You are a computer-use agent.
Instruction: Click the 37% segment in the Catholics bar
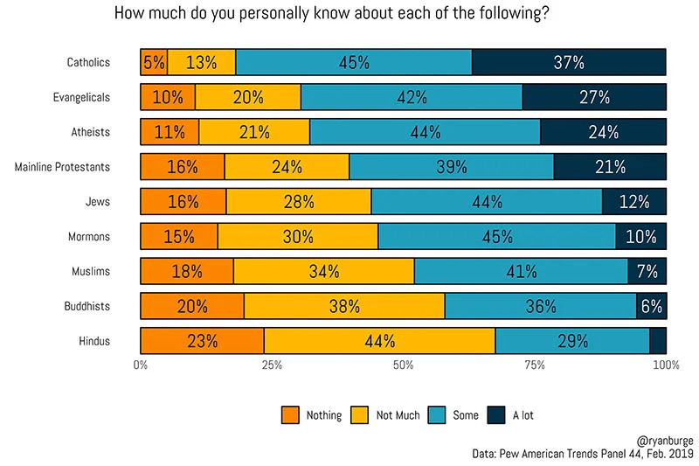pos(569,62)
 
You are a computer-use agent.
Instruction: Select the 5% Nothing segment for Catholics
pos(154,62)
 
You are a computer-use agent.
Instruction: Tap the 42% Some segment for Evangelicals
pos(412,97)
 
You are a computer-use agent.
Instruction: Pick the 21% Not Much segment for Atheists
pos(254,132)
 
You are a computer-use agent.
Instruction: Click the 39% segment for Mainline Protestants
pos(451,167)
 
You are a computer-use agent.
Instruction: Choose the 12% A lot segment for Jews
pos(634,202)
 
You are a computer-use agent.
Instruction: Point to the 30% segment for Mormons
pos(298,237)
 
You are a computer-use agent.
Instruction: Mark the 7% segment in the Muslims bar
pos(647,271)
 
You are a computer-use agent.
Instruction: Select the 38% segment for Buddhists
pos(344,306)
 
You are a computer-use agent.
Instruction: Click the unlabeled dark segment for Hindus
pos(658,341)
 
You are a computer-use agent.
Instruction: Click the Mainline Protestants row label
pos(63,167)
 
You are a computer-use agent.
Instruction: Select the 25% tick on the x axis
pos(272,365)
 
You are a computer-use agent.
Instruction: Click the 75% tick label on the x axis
pos(535,365)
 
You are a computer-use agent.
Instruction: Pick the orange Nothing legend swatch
pos(290,415)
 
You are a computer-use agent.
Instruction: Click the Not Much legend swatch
pos(360,415)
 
